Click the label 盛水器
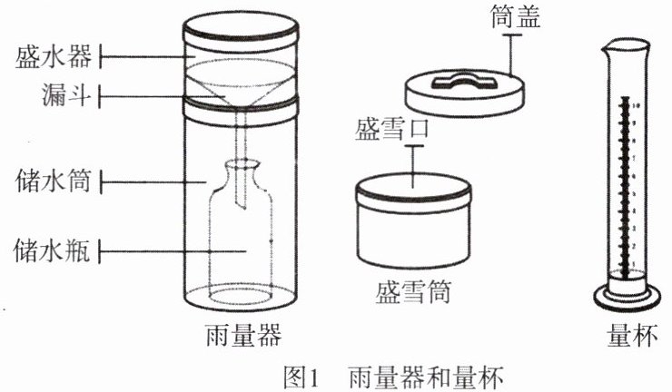(53, 57)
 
